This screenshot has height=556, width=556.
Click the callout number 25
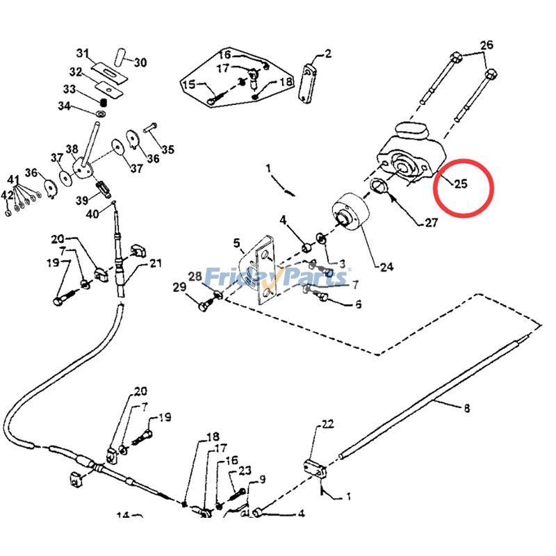point(460,184)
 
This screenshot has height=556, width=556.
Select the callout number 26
point(486,46)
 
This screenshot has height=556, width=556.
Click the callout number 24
point(386,265)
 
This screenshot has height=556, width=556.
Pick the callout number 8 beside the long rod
point(466,408)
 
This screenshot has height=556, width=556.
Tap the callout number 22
point(328,424)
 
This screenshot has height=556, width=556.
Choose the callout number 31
point(83,54)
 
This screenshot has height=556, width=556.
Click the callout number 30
point(140,63)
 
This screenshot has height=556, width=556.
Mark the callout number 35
point(168,149)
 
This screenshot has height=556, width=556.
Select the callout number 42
point(7,195)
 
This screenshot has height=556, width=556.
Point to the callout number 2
point(328,54)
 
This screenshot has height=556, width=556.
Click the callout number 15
point(188,85)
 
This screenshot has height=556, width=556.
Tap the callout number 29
point(179,287)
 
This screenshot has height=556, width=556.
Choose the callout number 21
point(155,263)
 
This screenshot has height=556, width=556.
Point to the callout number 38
point(72,149)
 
